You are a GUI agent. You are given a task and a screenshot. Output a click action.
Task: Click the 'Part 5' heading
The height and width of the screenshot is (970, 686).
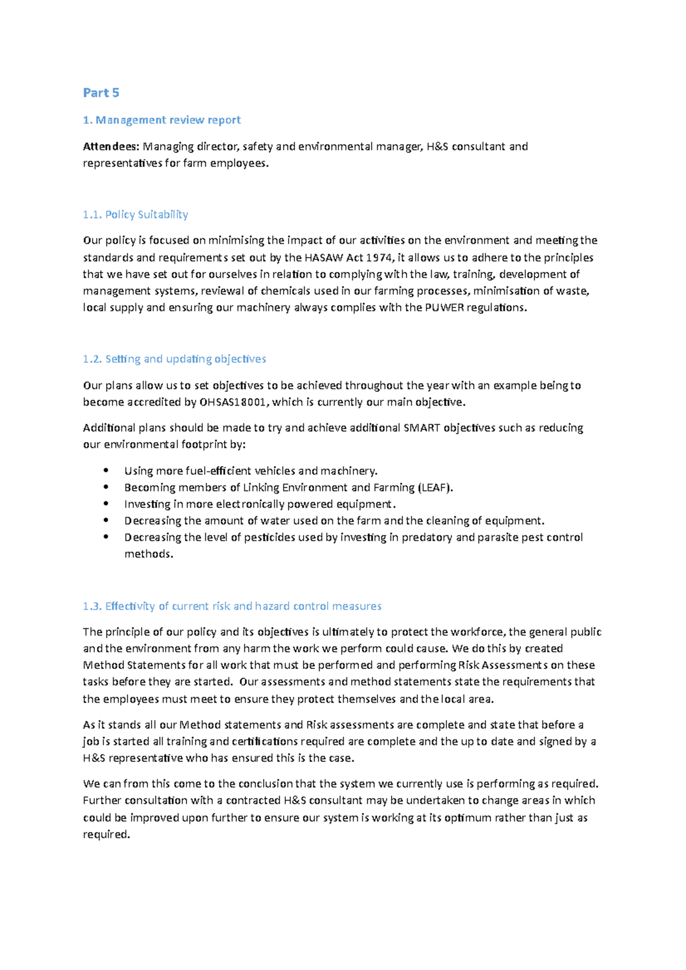(101, 93)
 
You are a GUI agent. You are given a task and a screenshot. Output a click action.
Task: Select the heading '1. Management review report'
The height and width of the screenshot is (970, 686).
(162, 120)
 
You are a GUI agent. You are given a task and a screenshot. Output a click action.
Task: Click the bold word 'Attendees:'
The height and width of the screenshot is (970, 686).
(111, 147)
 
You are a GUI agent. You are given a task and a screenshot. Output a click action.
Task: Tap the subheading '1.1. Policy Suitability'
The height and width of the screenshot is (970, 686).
(135, 215)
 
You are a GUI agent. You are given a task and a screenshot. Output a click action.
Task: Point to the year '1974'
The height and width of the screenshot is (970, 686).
(379, 257)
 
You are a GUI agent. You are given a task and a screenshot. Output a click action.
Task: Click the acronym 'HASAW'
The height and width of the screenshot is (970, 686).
(324, 257)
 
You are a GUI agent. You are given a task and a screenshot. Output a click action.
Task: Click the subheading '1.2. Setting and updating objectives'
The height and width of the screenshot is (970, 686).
(174, 359)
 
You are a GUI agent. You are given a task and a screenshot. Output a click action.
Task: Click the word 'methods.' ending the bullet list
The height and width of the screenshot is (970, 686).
(149, 554)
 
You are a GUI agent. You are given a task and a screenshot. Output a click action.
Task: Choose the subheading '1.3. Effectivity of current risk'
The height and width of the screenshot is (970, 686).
(232, 606)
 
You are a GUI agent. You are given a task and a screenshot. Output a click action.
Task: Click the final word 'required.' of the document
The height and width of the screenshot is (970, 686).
(106, 835)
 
